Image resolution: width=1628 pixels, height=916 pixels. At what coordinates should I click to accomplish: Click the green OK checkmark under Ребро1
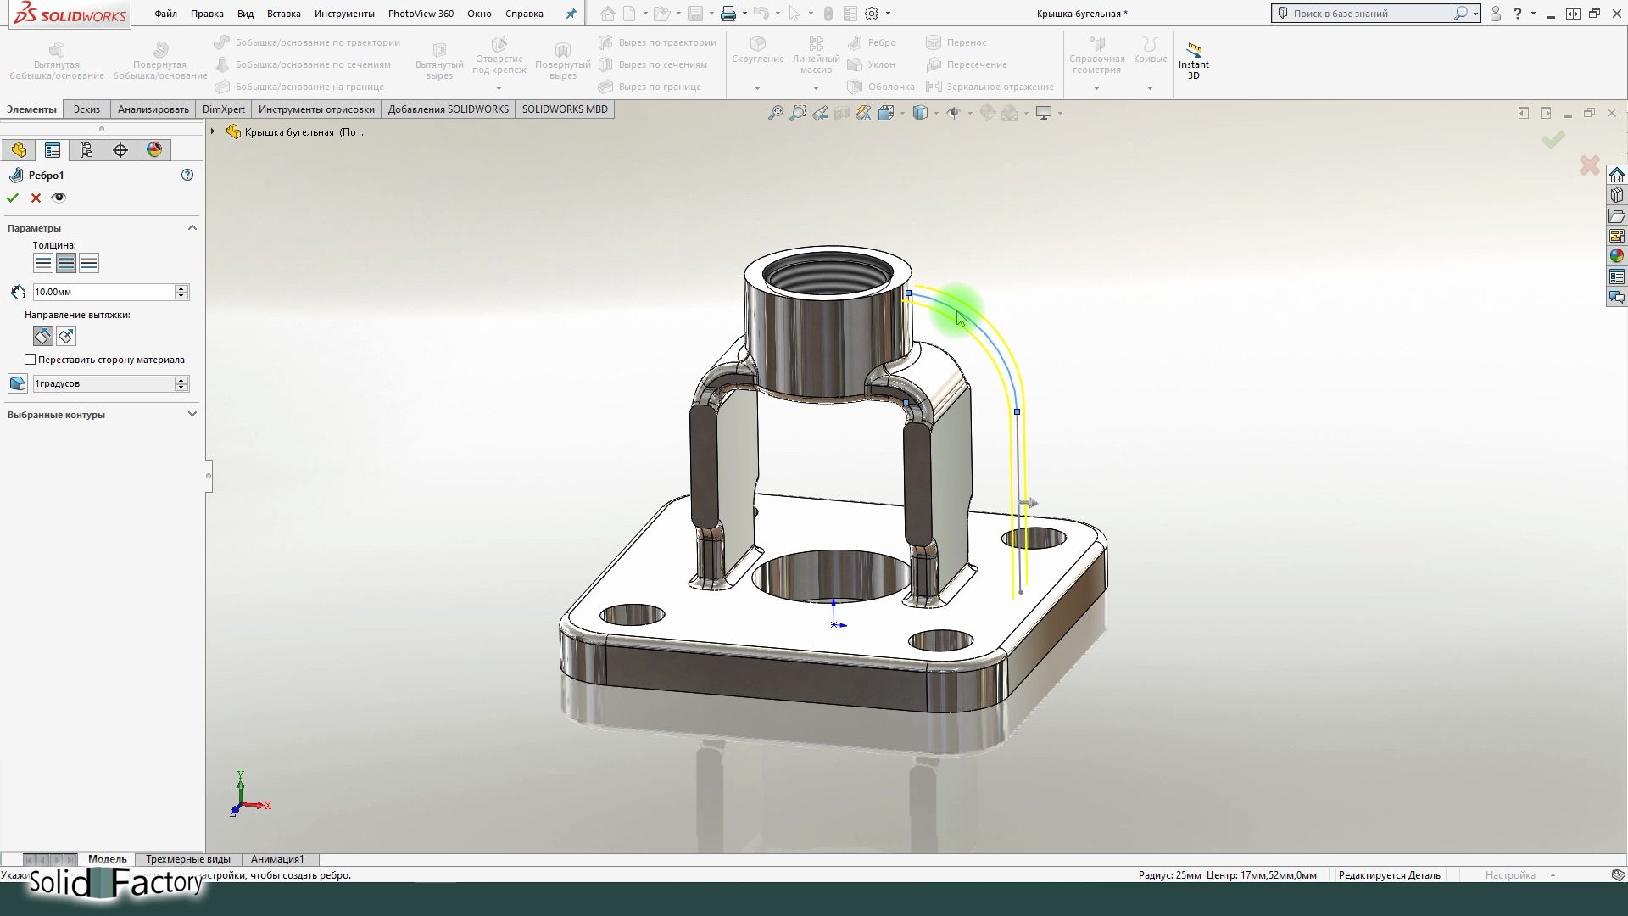[13, 198]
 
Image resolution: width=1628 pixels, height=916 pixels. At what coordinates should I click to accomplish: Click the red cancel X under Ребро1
[36, 198]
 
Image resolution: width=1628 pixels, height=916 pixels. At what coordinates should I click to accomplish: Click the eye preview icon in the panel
[59, 198]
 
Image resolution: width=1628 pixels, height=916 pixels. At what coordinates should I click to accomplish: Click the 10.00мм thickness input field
[103, 292]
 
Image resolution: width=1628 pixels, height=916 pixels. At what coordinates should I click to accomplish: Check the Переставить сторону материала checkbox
[31, 360]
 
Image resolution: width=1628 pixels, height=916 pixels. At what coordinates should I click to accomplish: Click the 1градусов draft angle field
[103, 383]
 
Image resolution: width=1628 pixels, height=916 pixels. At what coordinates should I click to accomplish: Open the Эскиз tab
[86, 109]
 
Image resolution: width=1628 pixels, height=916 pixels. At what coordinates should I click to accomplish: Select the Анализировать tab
[153, 109]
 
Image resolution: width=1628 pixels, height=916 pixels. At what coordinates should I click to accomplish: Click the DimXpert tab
[223, 109]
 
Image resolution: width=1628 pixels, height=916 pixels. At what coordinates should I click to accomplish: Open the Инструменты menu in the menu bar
[343, 14]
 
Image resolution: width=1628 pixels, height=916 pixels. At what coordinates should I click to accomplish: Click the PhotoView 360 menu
[421, 14]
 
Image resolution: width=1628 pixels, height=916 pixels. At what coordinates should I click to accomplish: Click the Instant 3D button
[1193, 60]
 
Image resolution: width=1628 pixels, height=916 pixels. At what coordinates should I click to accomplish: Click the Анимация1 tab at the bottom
[277, 859]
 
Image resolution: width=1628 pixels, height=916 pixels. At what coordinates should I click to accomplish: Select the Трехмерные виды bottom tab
[187, 859]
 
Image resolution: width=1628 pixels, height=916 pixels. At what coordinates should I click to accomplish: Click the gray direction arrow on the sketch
[1029, 503]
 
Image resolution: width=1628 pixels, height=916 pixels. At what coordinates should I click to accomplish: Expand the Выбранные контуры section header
[102, 415]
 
